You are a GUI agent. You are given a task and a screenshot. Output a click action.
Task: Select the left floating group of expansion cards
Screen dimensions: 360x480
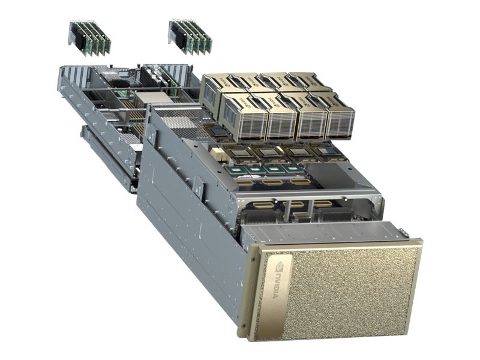click(x=89, y=37)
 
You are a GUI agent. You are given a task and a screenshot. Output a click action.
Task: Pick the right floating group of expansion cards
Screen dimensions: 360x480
click(x=190, y=35)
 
